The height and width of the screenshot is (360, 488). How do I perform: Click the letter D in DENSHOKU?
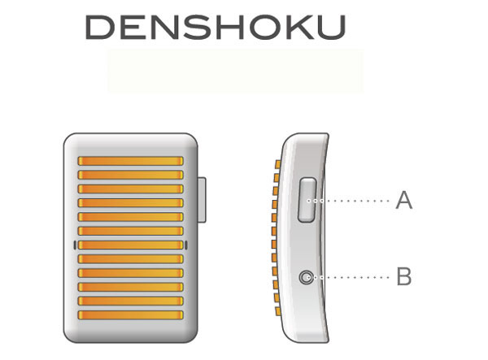click(x=98, y=27)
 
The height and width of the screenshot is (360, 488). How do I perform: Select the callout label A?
click(x=403, y=201)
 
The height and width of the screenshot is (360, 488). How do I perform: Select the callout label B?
click(x=404, y=276)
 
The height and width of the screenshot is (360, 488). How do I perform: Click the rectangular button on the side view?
click(x=307, y=200)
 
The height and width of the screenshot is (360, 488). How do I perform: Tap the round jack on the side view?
click(x=307, y=277)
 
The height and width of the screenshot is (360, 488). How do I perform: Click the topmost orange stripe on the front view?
click(x=130, y=161)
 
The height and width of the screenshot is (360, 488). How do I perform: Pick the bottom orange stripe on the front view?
click(x=130, y=315)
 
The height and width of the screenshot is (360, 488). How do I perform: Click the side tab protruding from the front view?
click(x=202, y=200)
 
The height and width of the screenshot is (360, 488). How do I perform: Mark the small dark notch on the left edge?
click(x=75, y=245)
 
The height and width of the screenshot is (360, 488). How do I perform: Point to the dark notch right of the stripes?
click(x=186, y=245)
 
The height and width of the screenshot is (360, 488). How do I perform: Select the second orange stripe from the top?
click(x=130, y=175)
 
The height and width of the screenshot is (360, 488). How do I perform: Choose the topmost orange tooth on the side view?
click(x=277, y=164)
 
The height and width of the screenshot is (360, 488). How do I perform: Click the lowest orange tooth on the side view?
click(x=277, y=311)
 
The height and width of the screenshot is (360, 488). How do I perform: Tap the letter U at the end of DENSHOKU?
click(x=333, y=27)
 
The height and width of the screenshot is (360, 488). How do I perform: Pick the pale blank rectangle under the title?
click(x=235, y=71)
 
